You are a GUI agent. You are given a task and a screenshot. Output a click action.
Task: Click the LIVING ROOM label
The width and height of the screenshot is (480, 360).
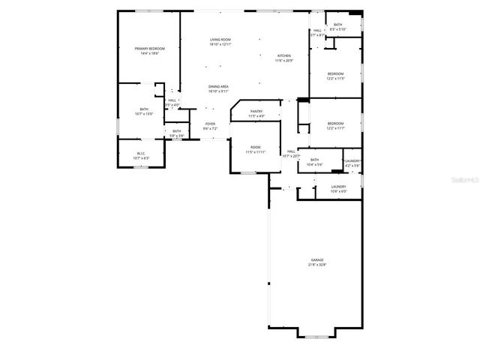pyautogui.click(x=220, y=39)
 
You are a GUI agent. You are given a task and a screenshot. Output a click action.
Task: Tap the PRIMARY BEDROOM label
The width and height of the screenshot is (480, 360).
pyautogui.click(x=150, y=49)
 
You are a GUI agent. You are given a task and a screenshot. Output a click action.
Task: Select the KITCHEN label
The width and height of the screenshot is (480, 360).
pyautogui.click(x=283, y=56)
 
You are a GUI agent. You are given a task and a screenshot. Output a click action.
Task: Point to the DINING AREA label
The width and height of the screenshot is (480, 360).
pyautogui.click(x=219, y=87)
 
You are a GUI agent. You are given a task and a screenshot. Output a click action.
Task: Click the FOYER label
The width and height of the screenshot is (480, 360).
pyautogui.click(x=210, y=124)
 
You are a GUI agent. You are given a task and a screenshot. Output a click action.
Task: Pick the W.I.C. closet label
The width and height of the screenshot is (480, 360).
pyautogui.click(x=141, y=154)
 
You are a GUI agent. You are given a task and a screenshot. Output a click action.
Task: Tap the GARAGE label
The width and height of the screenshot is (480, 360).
pyautogui.click(x=317, y=260)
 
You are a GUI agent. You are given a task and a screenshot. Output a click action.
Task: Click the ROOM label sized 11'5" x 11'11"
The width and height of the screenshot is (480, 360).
pyautogui.click(x=256, y=147)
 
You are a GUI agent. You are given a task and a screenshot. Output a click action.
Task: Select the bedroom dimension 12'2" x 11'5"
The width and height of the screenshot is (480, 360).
pyautogui.click(x=334, y=78)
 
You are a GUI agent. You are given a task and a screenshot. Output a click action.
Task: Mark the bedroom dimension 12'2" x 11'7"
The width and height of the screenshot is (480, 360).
pyautogui.click(x=335, y=127)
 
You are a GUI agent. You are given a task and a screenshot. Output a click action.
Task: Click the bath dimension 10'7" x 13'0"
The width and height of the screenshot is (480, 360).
pyautogui.click(x=144, y=114)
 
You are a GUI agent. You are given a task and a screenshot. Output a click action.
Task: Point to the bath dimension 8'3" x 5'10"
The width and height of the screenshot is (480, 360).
pyautogui.click(x=338, y=29)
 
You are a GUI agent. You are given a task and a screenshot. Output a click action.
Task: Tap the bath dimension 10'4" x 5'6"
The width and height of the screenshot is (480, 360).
pyautogui.click(x=314, y=163)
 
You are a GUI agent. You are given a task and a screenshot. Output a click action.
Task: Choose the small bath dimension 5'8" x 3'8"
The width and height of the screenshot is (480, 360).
pyautogui.click(x=177, y=136)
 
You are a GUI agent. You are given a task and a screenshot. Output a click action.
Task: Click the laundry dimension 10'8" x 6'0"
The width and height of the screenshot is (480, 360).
pyautogui.click(x=338, y=190)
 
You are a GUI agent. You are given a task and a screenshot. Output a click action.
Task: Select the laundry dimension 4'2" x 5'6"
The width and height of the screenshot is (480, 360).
pyautogui.click(x=352, y=164)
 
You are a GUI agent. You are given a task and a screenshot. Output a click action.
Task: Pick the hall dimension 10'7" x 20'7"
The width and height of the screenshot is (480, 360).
pyautogui.click(x=291, y=155)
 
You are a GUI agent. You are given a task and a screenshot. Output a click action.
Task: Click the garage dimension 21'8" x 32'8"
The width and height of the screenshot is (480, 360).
pyautogui.click(x=317, y=265)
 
